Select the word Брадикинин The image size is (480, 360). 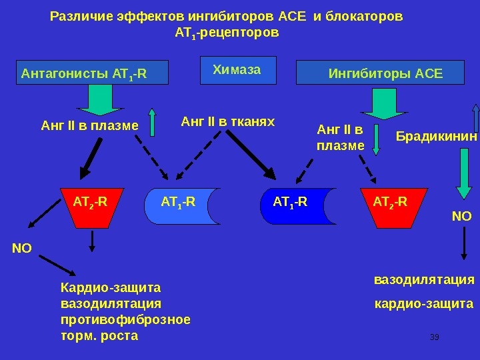(x=437, y=137)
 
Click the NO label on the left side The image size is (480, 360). (x=22, y=249)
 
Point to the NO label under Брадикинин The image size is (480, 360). (x=461, y=217)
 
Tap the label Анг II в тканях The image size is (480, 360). (x=227, y=121)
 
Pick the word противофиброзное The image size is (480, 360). (x=125, y=319)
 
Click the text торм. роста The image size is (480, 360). (x=99, y=335)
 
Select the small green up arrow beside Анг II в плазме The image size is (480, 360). (x=152, y=122)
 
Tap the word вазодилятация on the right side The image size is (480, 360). (x=423, y=280)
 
